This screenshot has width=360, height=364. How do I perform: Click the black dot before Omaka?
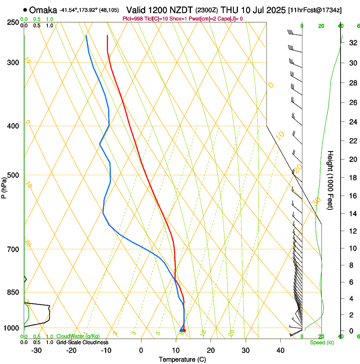26,9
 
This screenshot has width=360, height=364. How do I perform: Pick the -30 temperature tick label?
36,350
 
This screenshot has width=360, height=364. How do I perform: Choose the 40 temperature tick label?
280,350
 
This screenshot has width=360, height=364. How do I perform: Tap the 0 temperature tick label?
141,350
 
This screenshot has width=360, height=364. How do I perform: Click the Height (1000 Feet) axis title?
331,180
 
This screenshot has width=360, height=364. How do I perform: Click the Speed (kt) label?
322,342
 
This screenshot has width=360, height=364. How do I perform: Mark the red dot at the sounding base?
184,330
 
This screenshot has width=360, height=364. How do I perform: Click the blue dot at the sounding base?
181,330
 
